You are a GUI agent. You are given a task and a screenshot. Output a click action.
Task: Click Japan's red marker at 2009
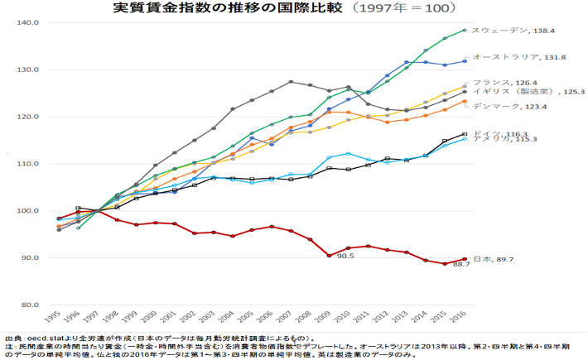[x=329, y=255]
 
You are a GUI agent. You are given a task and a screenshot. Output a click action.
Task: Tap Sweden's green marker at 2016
[x=465, y=30]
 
